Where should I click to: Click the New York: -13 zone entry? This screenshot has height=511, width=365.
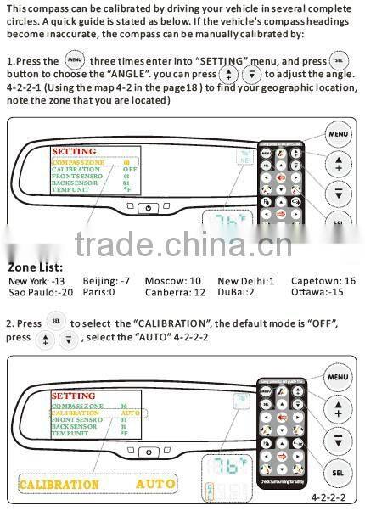(36, 280)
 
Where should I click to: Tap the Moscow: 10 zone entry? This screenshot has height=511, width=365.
(173, 280)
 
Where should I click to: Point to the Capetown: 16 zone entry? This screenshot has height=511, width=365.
(323, 280)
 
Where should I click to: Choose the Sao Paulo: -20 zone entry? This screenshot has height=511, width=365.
(40, 291)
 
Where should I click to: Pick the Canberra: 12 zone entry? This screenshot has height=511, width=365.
(176, 291)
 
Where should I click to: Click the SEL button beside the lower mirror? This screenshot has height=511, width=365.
(338, 471)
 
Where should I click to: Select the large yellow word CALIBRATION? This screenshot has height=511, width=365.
(59, 485)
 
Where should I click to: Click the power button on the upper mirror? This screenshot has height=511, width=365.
(149, 207)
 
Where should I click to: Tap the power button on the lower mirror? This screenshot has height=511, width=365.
(149, 452)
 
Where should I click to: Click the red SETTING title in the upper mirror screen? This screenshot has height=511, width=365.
(74, 151)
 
